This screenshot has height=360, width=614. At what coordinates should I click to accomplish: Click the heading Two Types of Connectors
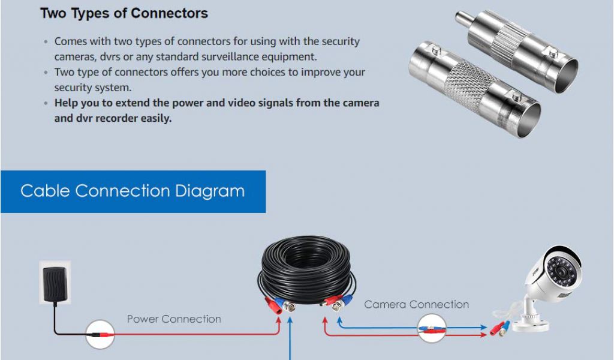tap(124, 13)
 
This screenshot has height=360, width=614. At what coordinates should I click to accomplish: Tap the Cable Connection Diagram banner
tap(133, 191)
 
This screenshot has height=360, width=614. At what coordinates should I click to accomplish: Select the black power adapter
tap(55, 283)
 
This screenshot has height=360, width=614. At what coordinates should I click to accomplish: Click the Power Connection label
tap(174, 319)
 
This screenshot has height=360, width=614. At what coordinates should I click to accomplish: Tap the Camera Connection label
tap(416, 305)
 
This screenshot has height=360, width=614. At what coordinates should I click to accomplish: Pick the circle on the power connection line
tap(100, 334)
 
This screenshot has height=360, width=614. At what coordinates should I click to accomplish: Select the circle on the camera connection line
tap(432, 329)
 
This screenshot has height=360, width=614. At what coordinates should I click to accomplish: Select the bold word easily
tap(155, 118)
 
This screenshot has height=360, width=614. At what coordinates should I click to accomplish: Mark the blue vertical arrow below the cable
tap(291, 342)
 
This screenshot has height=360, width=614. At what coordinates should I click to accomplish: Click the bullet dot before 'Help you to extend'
tap(46, 103)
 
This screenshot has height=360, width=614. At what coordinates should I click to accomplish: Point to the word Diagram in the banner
tap(210, 191)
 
